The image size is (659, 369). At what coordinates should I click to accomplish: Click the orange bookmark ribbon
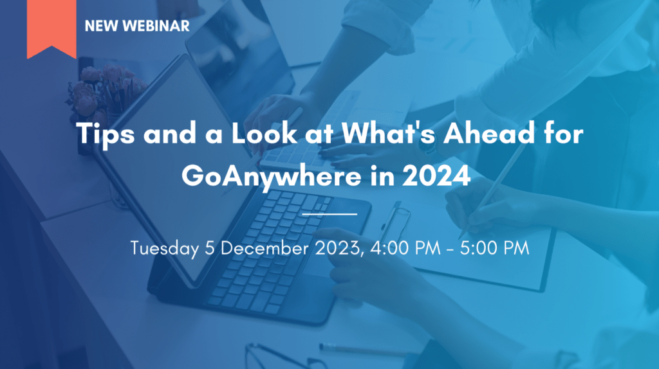click(51, 28)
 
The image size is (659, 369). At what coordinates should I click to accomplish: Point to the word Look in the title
click(264, 133)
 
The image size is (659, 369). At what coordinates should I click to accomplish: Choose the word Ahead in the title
click(489, 133)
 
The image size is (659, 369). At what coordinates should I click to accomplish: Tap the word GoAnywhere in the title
click(272, 176)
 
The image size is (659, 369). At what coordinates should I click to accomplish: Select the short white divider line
click(330, 214)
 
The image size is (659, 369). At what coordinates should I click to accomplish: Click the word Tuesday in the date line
click(164, 248)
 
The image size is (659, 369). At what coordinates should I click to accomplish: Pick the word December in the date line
click(265, 248)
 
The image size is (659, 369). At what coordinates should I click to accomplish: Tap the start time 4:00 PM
click(405, 248)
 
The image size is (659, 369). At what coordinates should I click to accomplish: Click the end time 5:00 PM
click(495, 248)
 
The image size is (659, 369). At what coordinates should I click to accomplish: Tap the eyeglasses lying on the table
click(286, 357)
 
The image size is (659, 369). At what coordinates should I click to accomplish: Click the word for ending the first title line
click(563, 133)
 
